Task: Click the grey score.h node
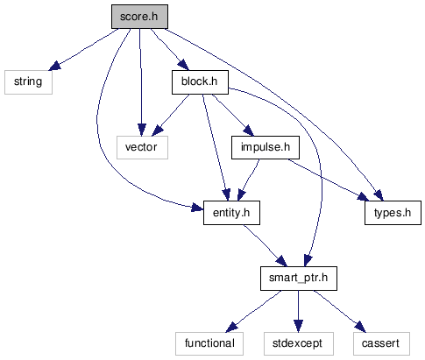[x=139, y=17]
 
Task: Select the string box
[x=28, y=82]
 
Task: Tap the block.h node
[x=200, y=82]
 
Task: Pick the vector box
[x=142, y=147]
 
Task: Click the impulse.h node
[x=266, y=147]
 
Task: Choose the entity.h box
[x=231, y=213]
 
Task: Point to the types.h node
[x=393, y=213]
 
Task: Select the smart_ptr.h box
[x=299, y=279]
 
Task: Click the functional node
[x=209, y=343]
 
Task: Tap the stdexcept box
[x=299, y=343]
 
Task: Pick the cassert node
[x=381, y=343]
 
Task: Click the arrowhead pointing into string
[x=55, y=66]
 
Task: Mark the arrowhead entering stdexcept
[x=298, y=326]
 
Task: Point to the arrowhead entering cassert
[x=360, y=327]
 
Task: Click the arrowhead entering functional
[x=232, y=327]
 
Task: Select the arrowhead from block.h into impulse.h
[x=249, y=131]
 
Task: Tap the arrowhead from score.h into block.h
[x=183, y=65]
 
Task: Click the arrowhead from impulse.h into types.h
[x=363, y=196]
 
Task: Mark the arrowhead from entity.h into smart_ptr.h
[x=282, y=261]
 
